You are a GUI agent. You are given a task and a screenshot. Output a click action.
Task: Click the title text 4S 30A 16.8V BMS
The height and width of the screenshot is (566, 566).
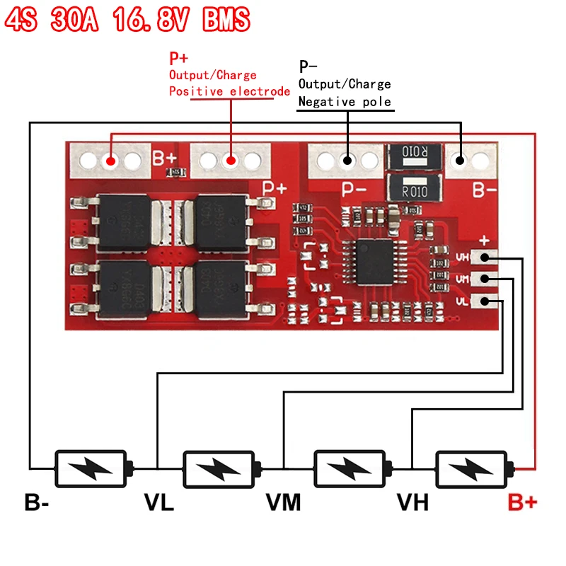pos(127,20)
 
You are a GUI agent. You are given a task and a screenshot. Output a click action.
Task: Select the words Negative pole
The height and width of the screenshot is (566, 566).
pos(345,102)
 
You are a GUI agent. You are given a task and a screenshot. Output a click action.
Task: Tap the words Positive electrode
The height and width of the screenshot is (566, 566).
pos(229,91)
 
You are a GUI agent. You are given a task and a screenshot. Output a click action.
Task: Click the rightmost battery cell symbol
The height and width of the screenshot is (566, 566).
pos(473,468)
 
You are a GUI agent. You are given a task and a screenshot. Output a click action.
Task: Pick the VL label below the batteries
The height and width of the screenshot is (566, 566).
pos(159,503)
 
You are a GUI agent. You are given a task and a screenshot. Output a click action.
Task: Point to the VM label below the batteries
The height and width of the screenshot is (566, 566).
pos(283,503)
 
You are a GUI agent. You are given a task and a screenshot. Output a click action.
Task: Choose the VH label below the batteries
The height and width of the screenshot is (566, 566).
pos(412,503)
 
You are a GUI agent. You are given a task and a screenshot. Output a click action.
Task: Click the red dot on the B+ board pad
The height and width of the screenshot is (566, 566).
pos(111,161)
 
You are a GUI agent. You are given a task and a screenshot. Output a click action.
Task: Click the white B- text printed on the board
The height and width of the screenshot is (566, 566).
pos(485,190)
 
